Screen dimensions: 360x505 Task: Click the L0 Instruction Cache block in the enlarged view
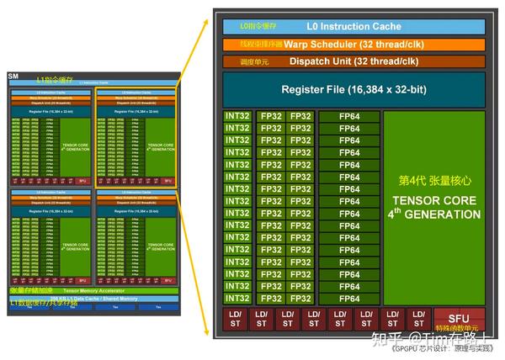353,26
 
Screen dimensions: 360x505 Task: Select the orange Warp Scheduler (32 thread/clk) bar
353,44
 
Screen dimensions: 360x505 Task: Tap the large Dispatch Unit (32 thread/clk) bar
353,61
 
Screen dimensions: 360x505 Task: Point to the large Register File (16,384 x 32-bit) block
353,89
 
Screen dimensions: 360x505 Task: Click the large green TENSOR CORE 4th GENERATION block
433,206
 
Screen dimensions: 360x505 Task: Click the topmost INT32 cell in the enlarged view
237,116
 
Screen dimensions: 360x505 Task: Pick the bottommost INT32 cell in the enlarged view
237,298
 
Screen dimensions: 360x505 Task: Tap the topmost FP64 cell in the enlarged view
348,116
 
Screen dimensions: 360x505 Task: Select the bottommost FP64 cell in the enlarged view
348,298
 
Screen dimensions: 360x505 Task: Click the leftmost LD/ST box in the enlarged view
235,320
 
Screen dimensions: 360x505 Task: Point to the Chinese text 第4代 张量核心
433,181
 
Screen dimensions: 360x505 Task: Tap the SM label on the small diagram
13,77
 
